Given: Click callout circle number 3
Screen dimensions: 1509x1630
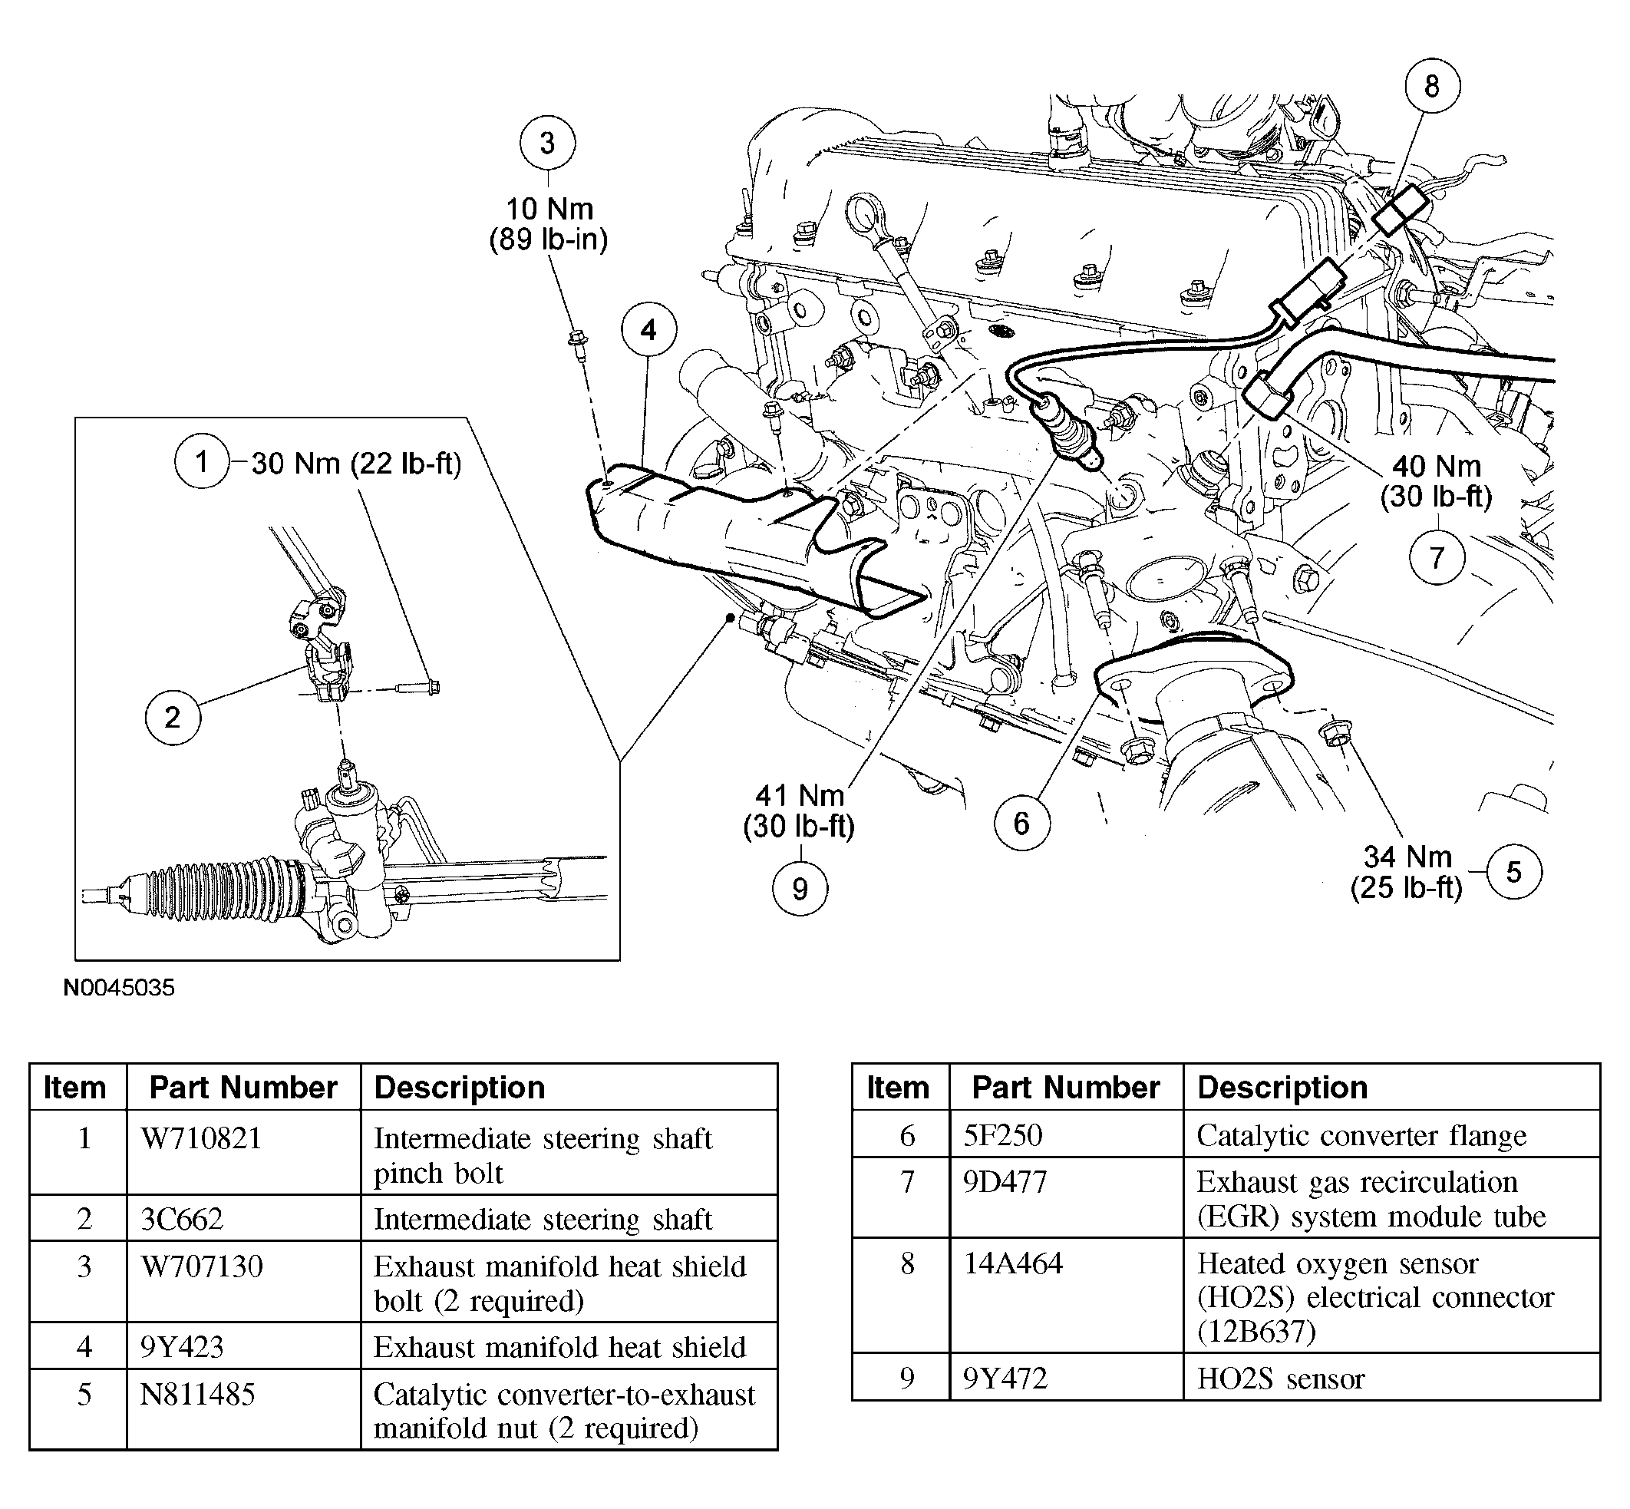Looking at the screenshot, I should pyautogui.click(x=547, y=144).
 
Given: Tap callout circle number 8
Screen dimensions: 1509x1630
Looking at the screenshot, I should pyautogui.click(x=1432, y=87).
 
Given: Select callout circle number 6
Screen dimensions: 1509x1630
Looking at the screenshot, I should pyautogui.click(x=1021, y=823).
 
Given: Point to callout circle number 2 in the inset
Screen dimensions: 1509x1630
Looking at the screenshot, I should pyautogui.click(x=172, y=717).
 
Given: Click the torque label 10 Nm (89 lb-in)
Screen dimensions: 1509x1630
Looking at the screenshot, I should pyautogui.click(x=549, y=223).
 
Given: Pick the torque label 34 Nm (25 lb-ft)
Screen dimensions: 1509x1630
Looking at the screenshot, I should pyautogui.click(x=1407, y=872).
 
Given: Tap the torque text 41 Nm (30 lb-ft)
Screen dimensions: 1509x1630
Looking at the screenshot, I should pyautogui.click(x=799, y=811).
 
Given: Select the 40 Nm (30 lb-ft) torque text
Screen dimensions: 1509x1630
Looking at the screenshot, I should pyautogui.click(x=1436, y=481).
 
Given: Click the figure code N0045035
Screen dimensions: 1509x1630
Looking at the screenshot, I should pyautogui.click(x=119, y=988).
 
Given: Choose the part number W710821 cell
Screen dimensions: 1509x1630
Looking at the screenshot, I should pyautogui.click(x=202, y=1139).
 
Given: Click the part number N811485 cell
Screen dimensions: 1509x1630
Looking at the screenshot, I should pyautogui.click(x=197, y=1395).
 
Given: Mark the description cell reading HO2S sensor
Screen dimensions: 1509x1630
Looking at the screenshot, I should pyautogui.click(x=1281, y=1379).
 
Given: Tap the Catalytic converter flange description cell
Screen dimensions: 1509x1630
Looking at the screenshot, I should pyautogui.click(x=1361, y=1136).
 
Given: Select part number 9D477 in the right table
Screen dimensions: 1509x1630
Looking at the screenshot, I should pyautogui.click(x=1005, y=1182).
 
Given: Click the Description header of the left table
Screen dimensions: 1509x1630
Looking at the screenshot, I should pyautogui.click(x=460, y=1088).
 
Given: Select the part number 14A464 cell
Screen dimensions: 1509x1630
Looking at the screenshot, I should pyautogui.click(x=1013, y=1263).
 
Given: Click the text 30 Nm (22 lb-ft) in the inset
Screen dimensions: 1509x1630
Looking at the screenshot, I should pyautogui.click(x=356, y=464).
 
